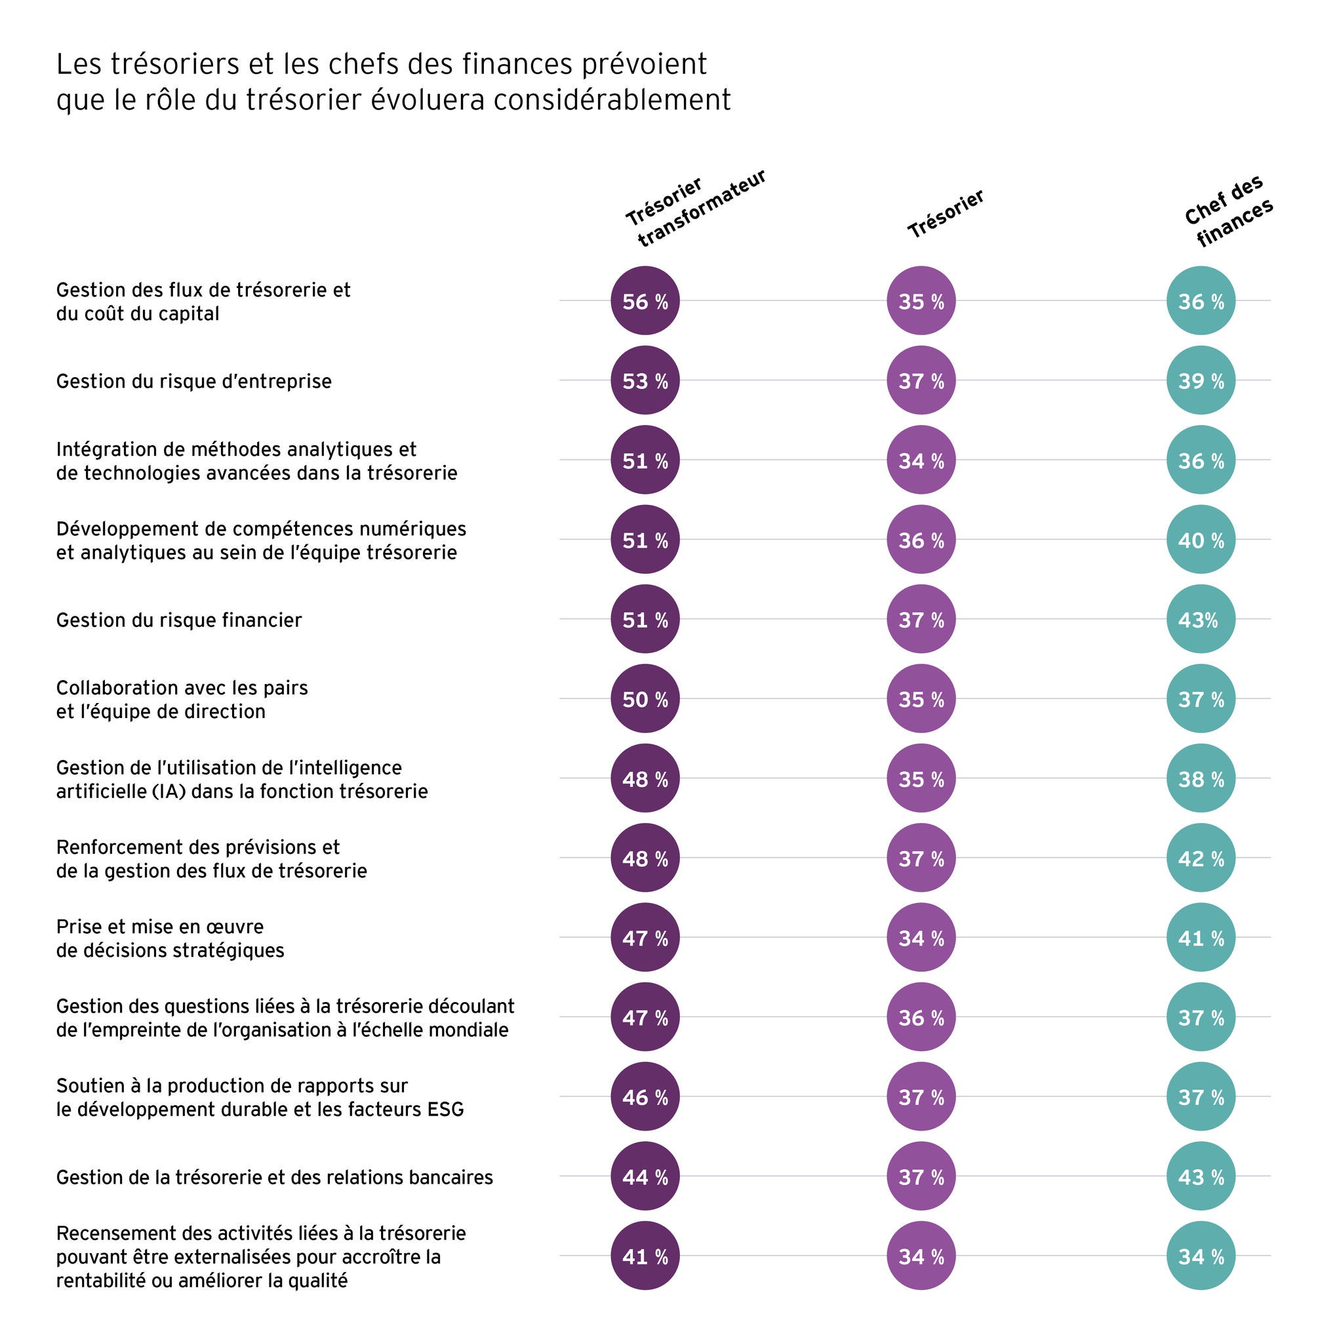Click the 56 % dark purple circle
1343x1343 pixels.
pos(645,301)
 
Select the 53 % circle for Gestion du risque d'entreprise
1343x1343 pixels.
pos(645,380)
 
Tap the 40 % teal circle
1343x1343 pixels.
pos(1201,540)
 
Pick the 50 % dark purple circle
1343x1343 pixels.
pos(645,698)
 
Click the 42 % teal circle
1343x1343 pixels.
pos(1201,858)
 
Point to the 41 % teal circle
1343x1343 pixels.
pos(1201,937)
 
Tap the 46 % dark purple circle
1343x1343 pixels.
pos(645,1097)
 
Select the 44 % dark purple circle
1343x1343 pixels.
pos(645,1177)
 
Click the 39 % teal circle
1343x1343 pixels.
pos(1201,380)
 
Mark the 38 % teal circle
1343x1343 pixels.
pos(1201,778)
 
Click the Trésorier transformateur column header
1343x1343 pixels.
pos(695,208)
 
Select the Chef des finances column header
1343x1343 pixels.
pos(1228,211)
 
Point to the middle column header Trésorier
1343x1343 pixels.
pos(946,213)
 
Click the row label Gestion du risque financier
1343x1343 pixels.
pos(178,619)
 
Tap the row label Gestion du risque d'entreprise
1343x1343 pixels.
pos(194,381)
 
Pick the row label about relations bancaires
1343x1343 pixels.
pos(275,1177)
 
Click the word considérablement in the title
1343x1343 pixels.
pos(612,100)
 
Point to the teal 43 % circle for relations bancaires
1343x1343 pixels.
pos(1201,1177)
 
